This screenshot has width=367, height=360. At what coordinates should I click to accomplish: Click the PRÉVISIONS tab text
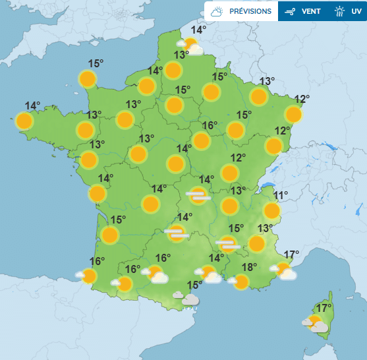[x=250, y=11]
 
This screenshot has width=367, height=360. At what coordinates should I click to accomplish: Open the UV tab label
[x=356, y=11]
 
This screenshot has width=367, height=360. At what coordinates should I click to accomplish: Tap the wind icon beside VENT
[x=289, y=11]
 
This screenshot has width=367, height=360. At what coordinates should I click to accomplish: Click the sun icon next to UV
[x=339, y=11]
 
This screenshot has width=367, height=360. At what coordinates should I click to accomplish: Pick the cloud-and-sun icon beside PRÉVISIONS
[x=217, y=11]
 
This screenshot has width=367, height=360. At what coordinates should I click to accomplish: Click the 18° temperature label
[x=249, y=267]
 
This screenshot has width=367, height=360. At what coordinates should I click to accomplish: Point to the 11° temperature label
[x=281, y=195]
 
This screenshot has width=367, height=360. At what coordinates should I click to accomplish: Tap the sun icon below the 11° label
[x=271, y=211]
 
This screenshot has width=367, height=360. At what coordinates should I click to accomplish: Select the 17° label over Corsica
[x=324, y=308]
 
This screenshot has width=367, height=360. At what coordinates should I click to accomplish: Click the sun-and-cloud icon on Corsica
[x=316, y=324]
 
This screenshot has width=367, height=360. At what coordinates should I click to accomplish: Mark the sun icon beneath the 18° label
[x=241, y=282]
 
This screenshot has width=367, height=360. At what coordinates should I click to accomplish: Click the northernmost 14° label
[x=198, y=30]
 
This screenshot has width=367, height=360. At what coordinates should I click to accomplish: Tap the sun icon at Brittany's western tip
[x=24, y=121]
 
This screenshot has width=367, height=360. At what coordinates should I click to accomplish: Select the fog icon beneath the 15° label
[x=227, y=245]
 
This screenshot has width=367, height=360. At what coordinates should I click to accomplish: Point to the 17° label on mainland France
[x=292, y=255]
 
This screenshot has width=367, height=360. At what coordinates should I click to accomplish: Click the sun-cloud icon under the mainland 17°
[x=284, y=270]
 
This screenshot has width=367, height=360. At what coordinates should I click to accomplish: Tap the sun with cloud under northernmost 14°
[x=190, y=46]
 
